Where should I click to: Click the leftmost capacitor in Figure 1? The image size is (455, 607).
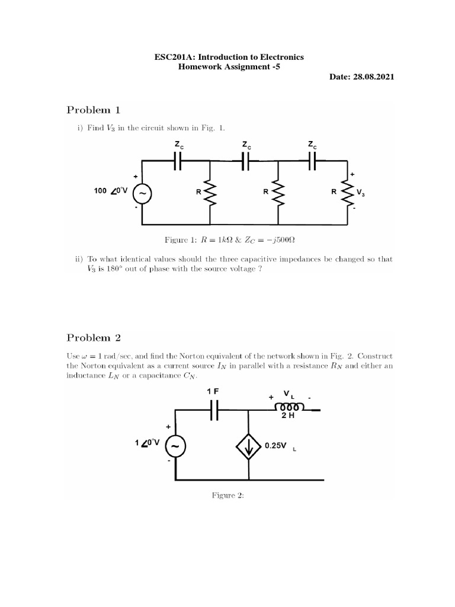click(x=177, y=160)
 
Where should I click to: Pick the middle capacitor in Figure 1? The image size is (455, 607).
click(x=245, y=160)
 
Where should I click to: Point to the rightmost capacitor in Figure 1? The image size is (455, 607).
click(x=312, y=160)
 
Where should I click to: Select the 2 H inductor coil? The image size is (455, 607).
click(x=289, y=407)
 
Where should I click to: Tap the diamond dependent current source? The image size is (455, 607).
click(x=249, y=446)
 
